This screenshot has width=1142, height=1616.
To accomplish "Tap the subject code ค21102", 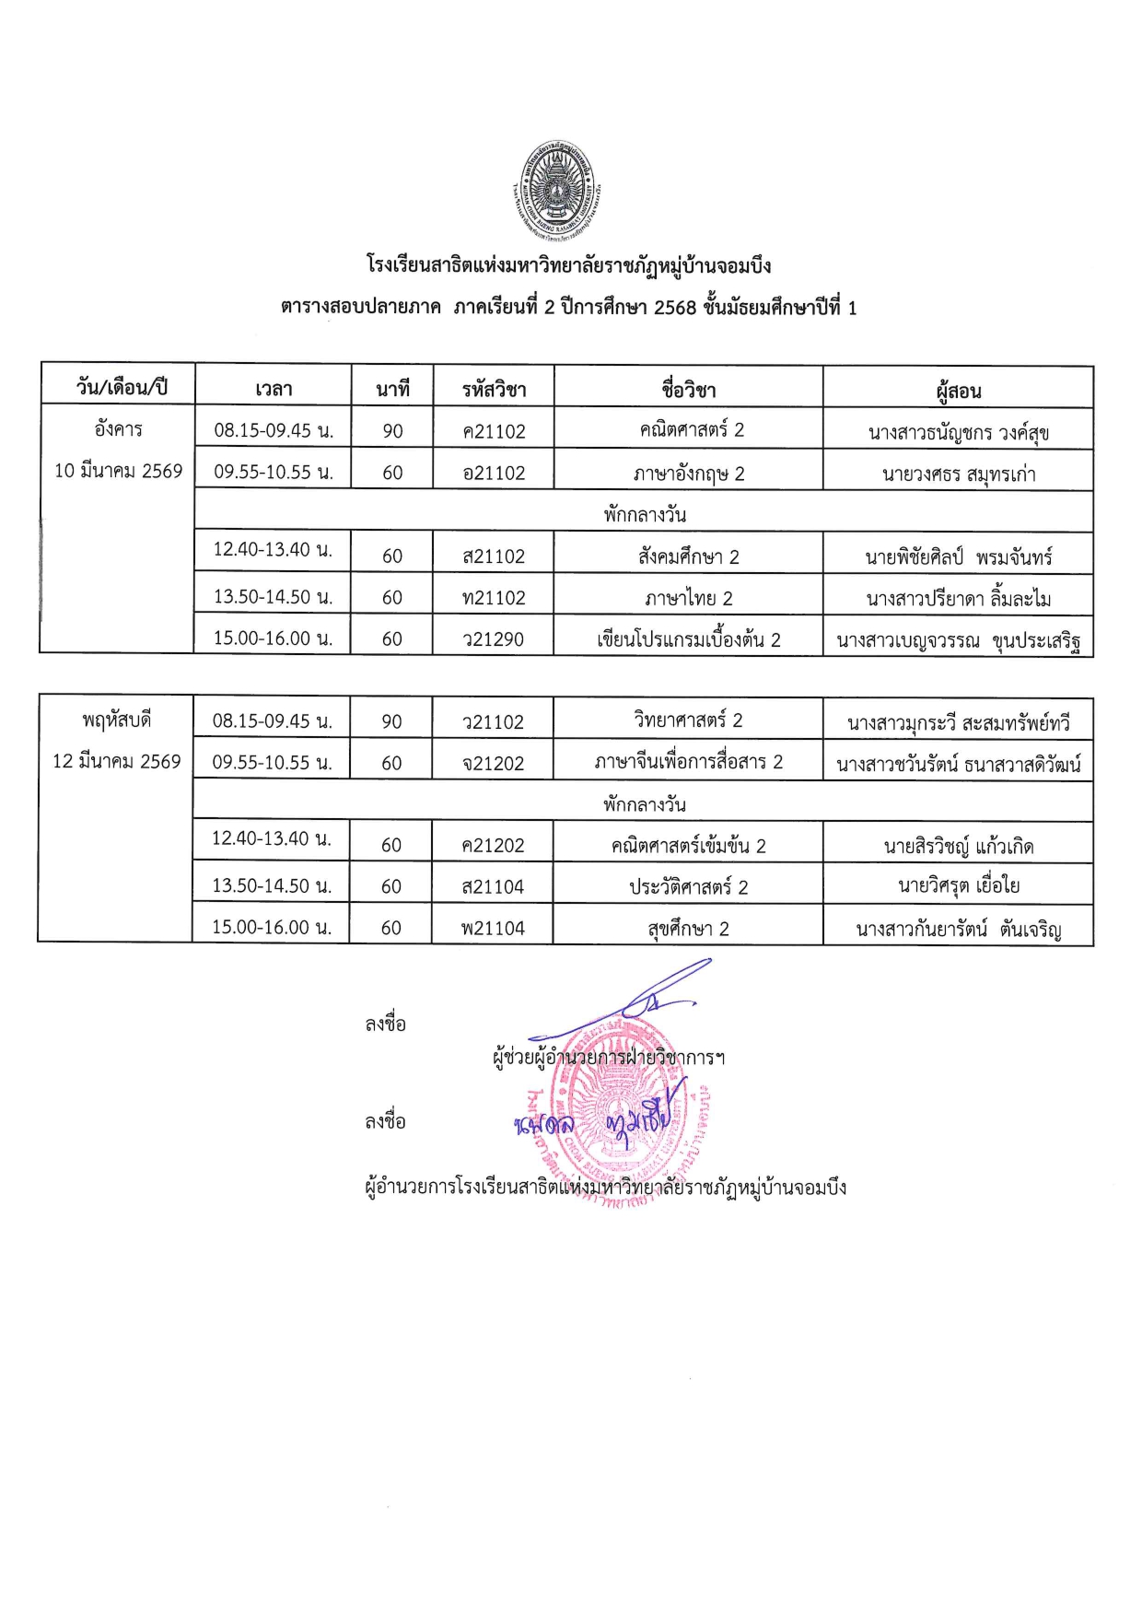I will [494, 431].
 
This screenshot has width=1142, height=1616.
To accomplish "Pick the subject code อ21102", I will [494, 473].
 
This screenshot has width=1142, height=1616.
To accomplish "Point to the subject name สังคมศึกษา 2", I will [688, 556].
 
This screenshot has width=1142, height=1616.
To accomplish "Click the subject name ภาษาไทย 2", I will [688, 598].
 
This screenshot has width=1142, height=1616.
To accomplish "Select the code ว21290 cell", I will [493, 638].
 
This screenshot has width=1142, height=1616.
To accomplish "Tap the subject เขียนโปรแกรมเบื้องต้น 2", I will [688, 639].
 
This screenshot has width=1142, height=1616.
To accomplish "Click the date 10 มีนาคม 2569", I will [118, 471].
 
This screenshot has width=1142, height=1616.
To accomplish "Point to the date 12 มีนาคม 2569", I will [116, 761].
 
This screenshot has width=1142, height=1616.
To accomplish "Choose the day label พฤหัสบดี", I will [116, 720].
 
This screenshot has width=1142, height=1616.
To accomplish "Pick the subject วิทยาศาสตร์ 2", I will [688, 720].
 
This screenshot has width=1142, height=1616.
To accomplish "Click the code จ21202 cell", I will [493, 763].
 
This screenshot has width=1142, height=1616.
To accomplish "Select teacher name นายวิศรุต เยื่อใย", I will [958, 886].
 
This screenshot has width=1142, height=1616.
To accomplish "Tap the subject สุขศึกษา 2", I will [688, 928].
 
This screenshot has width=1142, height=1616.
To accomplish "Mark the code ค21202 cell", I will [493, 845].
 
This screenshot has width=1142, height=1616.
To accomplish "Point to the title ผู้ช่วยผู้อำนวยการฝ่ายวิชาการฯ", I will [609, 1057].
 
